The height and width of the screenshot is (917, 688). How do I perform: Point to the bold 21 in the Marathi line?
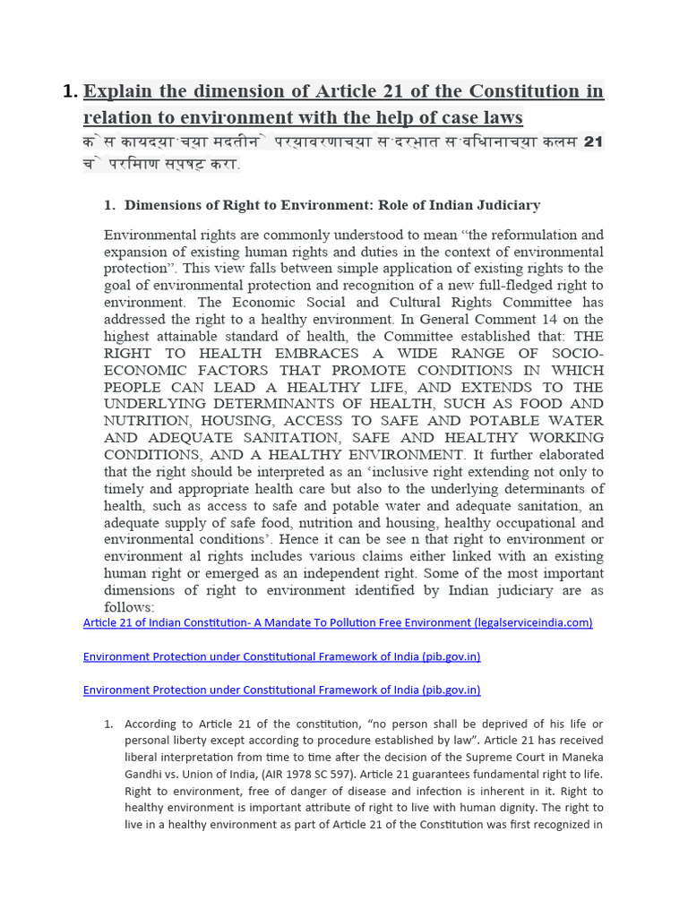(x=593, y=141)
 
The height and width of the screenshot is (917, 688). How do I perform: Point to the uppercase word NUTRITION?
(x=149, y=421)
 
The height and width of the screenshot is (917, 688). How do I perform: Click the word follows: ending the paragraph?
(x=129, y=607)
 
